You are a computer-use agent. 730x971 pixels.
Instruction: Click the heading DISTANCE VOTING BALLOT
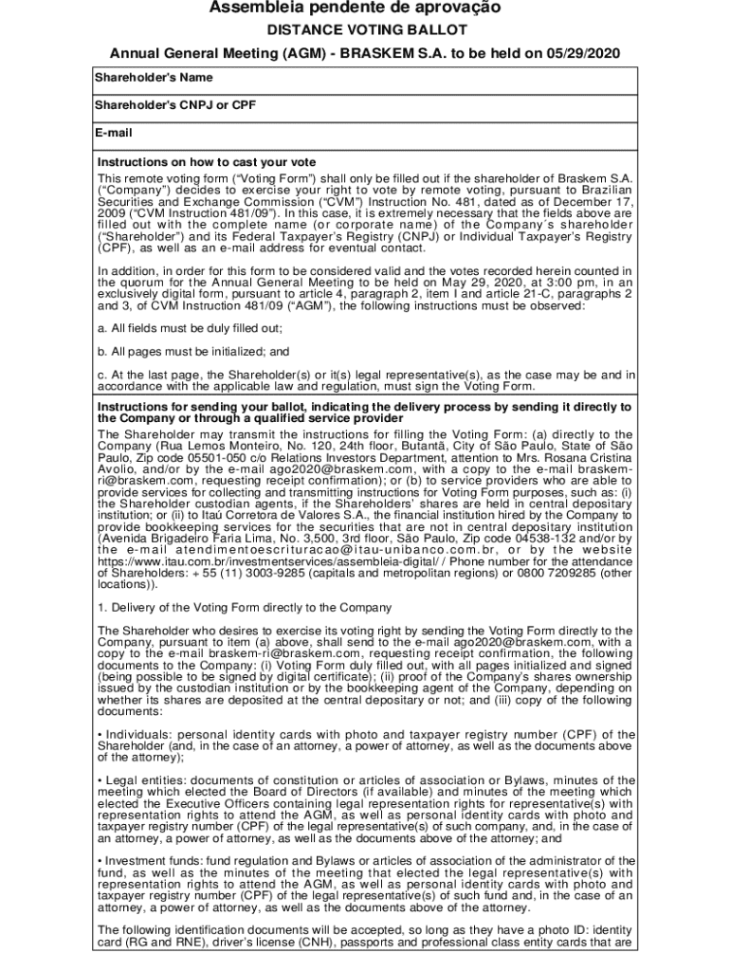pyautogui.click(x=365, y=30)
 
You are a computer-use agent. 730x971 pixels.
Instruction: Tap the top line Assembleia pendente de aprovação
pyautogui.click(x=365, y=9)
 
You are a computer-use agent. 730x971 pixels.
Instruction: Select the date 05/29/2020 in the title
pyautogui.click(x=586, y=53)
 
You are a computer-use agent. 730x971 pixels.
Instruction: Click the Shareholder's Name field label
pyautogui.click(x=153, y=78)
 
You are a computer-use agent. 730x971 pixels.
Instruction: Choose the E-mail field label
pyautogui.click(x=114, y=133)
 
